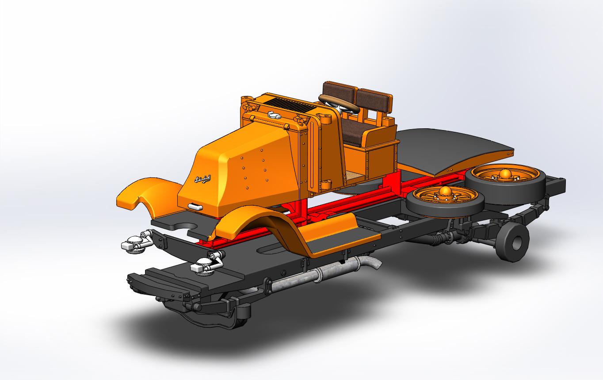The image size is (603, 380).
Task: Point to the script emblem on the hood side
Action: click(202, 179)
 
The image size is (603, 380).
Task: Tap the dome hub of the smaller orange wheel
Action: click(444, 192)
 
